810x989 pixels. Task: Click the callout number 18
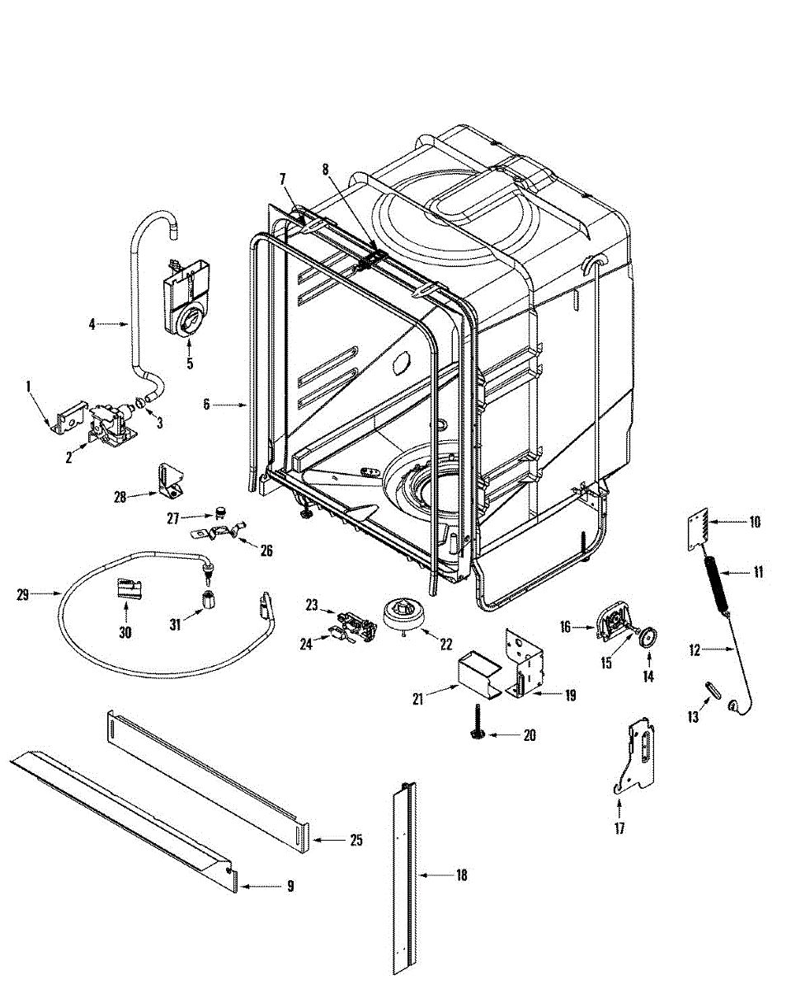point(461,875)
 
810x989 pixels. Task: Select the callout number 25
point(356,840)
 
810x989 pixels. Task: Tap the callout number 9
point(290,887)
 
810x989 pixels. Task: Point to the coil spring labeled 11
point(718,585)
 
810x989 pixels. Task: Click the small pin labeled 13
point(712,689)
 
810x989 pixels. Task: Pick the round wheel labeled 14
point(648,637)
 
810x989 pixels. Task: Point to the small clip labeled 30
point(127,588)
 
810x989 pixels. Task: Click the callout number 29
point(22,593)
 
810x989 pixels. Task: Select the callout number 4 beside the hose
point(92,324)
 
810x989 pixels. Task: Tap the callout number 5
point(190,363)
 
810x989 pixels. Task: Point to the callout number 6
point(207,404)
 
